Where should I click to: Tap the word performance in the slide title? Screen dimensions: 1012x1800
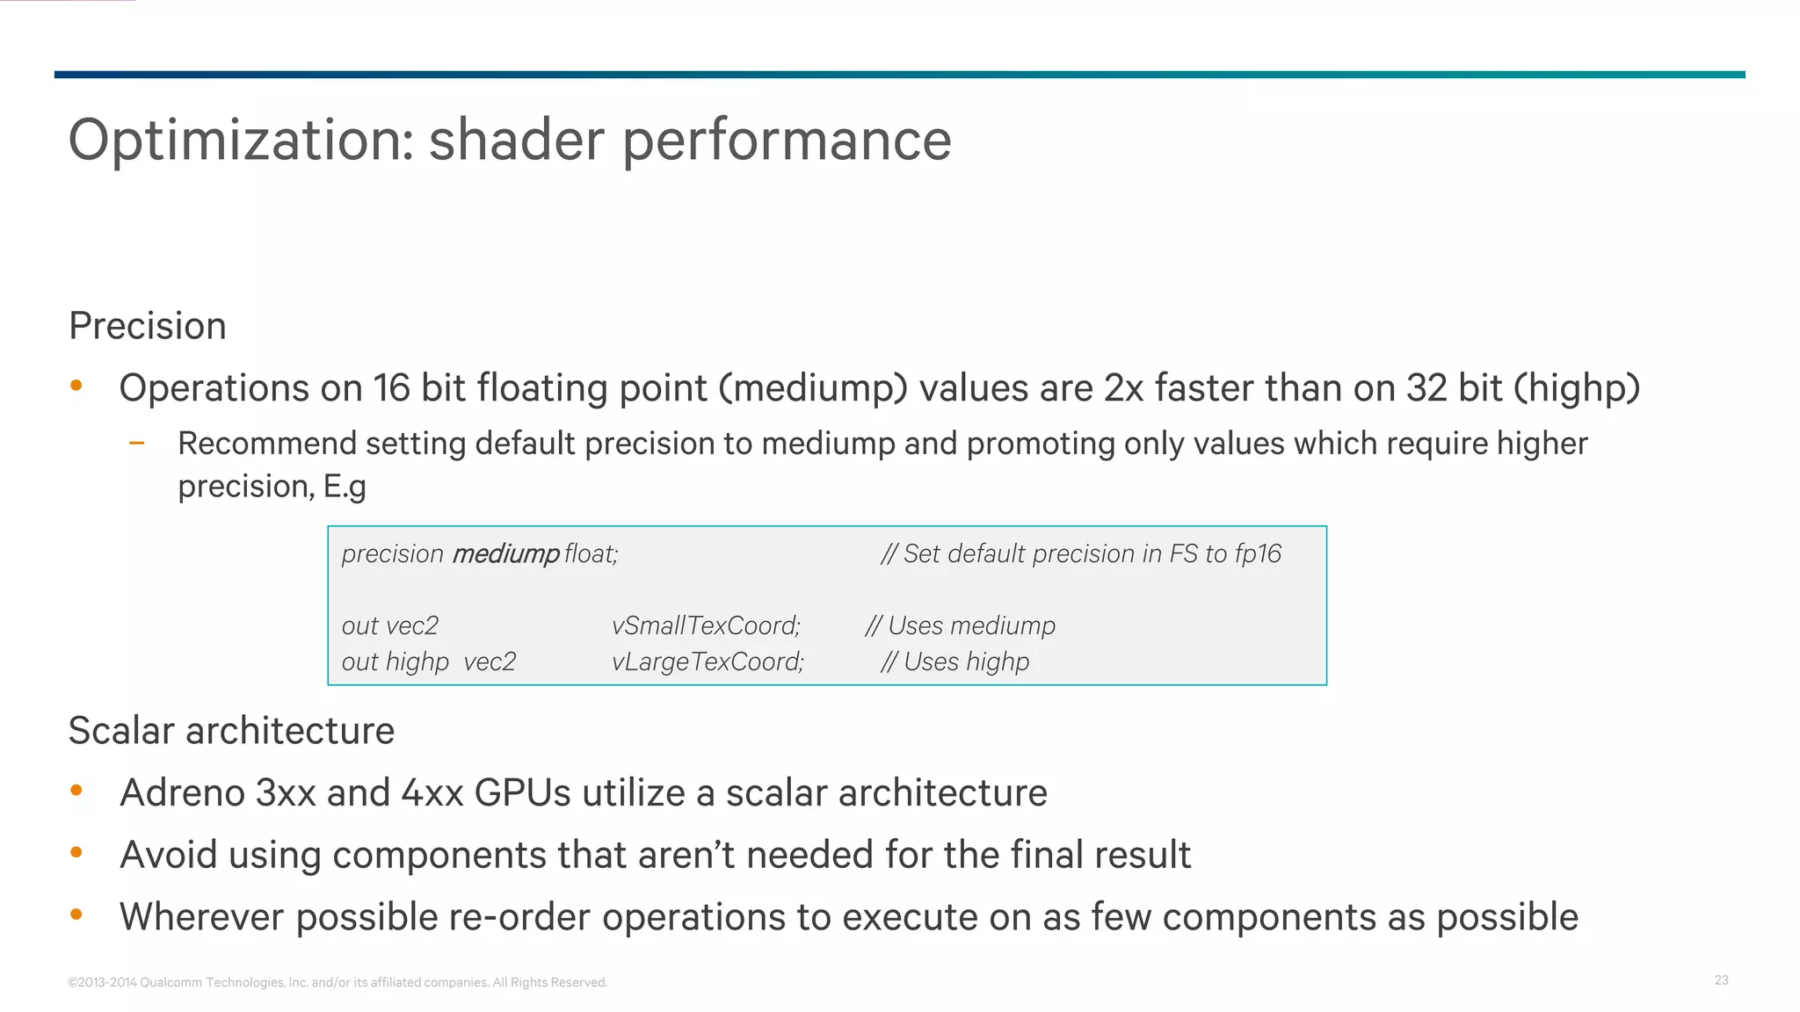click(787, 141)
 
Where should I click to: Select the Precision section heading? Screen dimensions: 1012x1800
click(148, 326)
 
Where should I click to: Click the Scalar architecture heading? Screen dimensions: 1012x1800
click(231, 731)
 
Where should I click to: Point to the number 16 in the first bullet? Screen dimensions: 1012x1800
click(391, 388)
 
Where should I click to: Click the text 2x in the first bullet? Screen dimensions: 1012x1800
click(1123, 388)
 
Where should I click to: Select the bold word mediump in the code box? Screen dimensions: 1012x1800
click(505, 553)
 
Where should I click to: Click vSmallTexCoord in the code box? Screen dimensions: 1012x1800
click(706, 625)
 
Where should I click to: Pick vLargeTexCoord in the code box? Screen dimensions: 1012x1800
click(708, 661)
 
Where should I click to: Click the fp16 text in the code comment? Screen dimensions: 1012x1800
click(1258, 553)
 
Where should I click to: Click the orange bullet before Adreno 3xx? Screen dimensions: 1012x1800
click(76, 791)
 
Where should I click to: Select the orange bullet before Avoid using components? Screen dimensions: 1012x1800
click(76, 852)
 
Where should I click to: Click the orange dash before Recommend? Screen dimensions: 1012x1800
click(136, 444)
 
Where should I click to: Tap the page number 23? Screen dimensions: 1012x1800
click(1721, 979)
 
